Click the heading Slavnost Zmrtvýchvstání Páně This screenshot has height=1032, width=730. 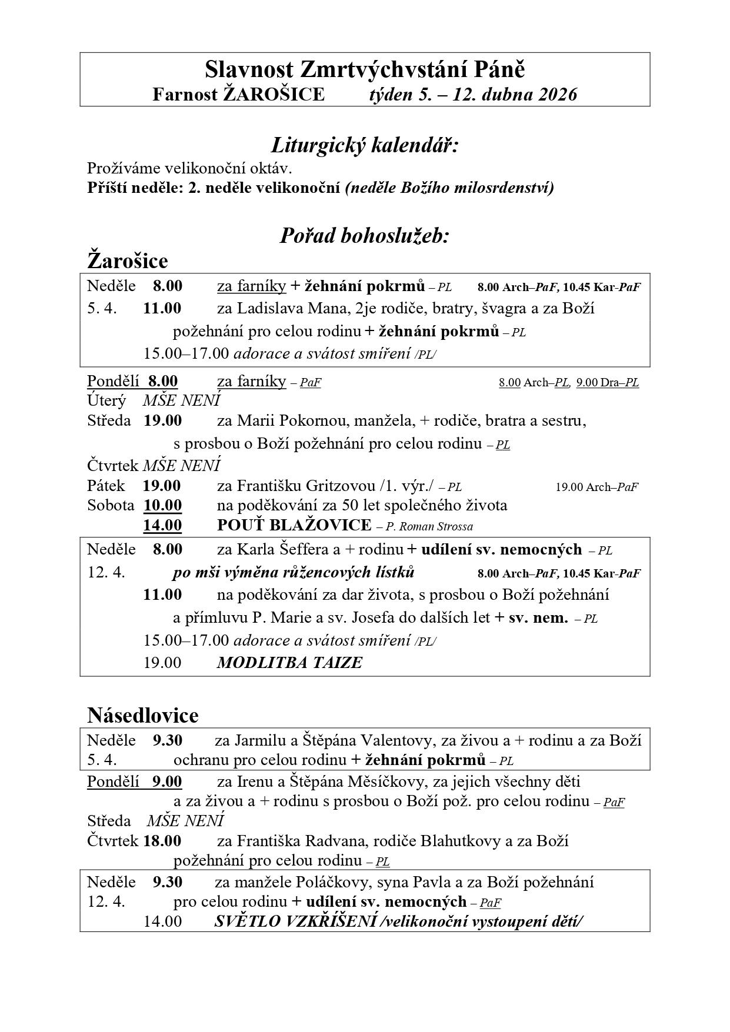365,70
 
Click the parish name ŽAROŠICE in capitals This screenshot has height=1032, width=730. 273,95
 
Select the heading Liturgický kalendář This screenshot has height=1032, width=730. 365,145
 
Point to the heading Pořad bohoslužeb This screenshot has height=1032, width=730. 365,236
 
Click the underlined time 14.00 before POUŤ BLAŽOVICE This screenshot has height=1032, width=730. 162,525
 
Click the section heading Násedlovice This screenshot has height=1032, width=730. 143,715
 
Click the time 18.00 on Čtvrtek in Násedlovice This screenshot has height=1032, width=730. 162,841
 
